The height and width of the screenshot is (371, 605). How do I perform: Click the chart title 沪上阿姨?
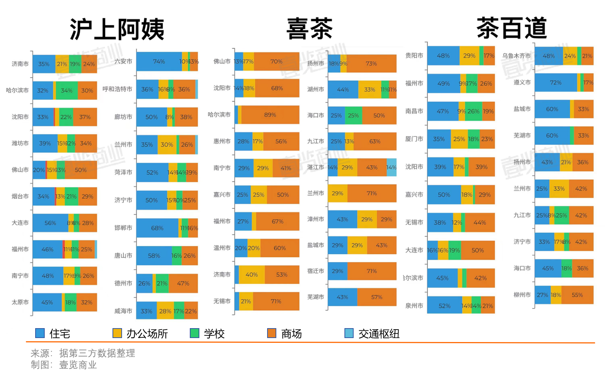[117, 29]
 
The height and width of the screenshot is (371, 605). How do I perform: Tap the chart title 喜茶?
[309, 29]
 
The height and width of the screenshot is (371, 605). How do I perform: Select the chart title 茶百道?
[512, 28]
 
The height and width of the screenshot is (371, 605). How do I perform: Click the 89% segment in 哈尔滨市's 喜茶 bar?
[270, 115]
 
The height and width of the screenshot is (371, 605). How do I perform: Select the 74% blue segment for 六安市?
[159, 62]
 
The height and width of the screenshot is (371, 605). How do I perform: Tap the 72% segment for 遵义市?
[556, 82]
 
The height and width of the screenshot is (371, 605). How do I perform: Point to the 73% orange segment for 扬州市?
[371, 63]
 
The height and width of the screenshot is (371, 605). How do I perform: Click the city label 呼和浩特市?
[117, 89]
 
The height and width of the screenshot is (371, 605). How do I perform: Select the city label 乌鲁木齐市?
[516, 56]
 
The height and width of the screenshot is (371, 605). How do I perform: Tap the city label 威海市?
[123, 311]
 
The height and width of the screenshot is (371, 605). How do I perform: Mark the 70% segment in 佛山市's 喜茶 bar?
[276, 62]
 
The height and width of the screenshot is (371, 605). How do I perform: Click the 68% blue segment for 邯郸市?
[157, 228]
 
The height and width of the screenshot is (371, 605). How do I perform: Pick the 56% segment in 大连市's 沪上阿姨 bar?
[50, 223]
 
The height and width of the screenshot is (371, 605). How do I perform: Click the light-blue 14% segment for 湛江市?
[391, 167]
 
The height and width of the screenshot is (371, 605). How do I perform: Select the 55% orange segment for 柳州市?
[577, 295]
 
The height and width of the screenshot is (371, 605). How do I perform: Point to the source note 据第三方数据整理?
[97, 353]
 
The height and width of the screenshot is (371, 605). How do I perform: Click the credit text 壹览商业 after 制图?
[78, 365]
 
